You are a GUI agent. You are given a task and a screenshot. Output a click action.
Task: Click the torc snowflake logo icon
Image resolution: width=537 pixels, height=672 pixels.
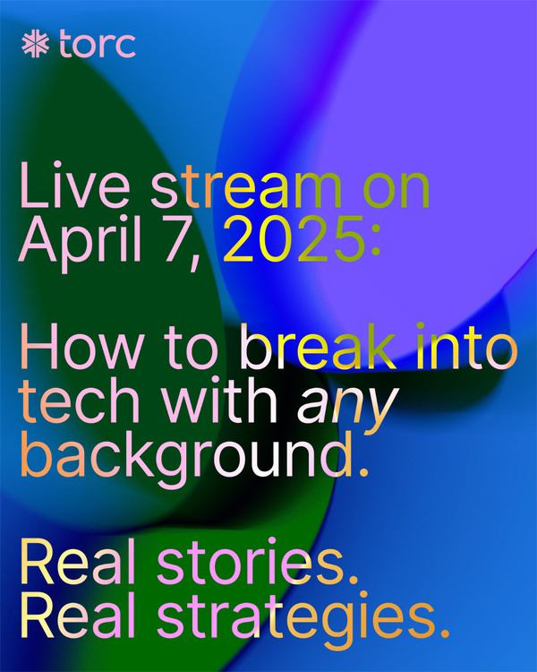(36, 45)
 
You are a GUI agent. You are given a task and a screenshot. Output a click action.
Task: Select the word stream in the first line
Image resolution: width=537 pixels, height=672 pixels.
(235, 190)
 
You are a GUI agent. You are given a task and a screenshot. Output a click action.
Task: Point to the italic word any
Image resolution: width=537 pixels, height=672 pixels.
(345, 409)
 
